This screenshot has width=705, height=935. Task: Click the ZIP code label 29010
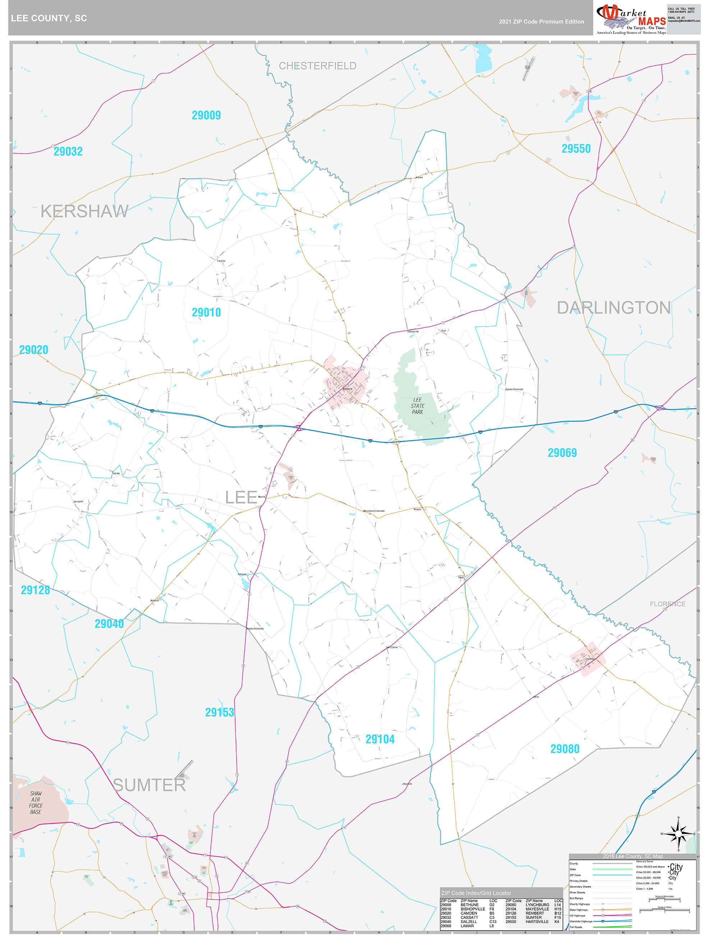[206, 313]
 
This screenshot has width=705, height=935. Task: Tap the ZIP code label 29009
[206, 115]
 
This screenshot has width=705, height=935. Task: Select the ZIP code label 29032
[68, 151]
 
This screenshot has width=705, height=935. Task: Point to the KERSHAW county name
[84, 211]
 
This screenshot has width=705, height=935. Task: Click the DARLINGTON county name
[613, 308]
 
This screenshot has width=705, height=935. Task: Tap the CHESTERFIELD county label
[317, 66]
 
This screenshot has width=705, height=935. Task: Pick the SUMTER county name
[150, 785]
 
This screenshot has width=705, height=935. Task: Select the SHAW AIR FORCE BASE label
[36, 802]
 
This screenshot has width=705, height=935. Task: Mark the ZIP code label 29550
[576, 149]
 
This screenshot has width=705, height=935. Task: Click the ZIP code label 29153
[219, 712]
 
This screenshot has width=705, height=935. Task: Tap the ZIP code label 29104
[380, 739]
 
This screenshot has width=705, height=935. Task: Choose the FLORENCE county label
[667, 604]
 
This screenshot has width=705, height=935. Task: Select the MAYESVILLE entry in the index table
[537, 909]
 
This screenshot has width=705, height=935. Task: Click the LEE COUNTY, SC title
[49, 18]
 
